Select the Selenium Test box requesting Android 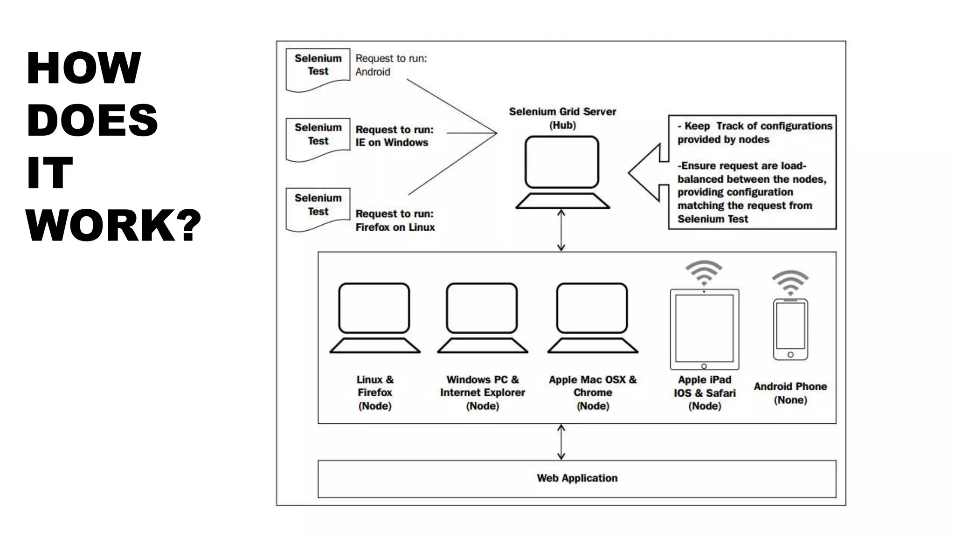pos(318,69)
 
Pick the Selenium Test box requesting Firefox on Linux pos(318,208)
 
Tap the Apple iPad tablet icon pos(704,329)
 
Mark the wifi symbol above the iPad pos(704,272)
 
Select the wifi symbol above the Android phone pos(790,282)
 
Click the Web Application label pos(577,478)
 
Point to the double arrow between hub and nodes pos(561,230)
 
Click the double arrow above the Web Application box pos(561,442)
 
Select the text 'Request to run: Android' pos(391,65)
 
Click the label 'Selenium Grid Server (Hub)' pos(562,118)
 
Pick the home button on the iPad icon pos(704,366)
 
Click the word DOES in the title pos(92,120)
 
